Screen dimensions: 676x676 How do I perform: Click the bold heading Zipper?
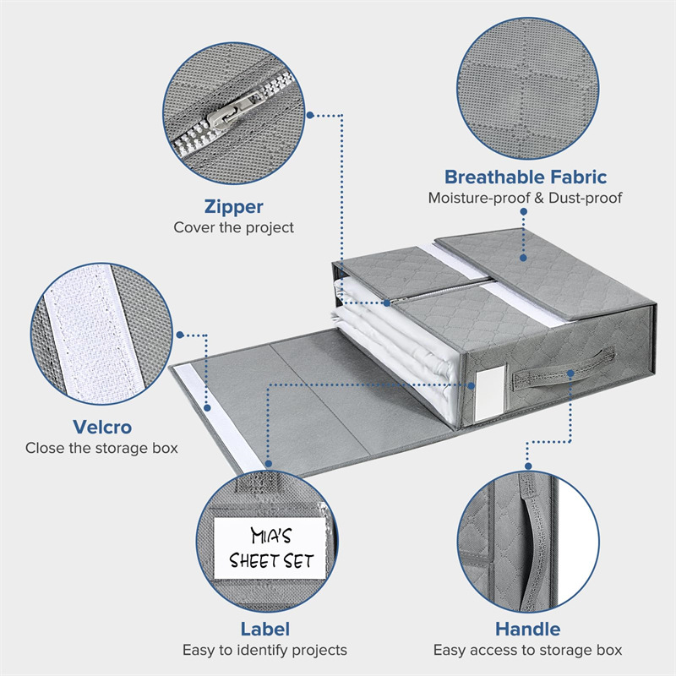click(233, 206)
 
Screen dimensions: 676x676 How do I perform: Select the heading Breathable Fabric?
click(525, 177)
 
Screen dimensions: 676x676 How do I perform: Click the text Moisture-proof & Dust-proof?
click(525, 199)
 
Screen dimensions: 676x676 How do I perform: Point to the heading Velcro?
click(101, 427)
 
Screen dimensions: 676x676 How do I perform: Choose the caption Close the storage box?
click(101, 448)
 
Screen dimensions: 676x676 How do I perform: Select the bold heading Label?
click(264, 629)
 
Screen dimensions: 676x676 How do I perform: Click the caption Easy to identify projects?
click(264, 650)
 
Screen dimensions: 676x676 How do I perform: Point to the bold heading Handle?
click(528, 629)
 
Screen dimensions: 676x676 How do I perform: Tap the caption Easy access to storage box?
click(528, 650)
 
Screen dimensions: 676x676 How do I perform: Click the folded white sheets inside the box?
click(397, 355)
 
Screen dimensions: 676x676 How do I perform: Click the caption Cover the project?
click(233, 227)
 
